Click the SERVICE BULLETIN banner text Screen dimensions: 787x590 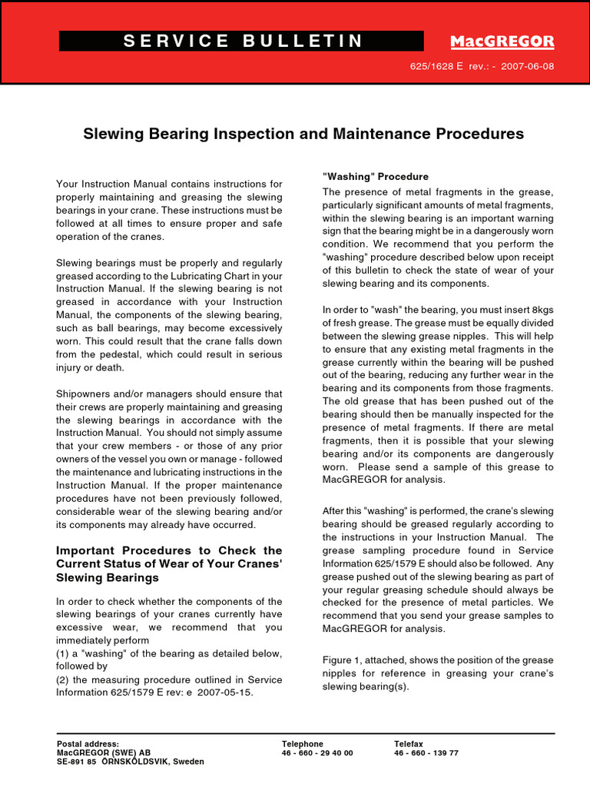[243, 42]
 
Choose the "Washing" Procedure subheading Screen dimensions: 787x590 [376, 177]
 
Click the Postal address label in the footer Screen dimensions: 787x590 [88, 744]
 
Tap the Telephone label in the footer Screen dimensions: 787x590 [303, 744]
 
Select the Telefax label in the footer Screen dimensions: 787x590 [409, 744]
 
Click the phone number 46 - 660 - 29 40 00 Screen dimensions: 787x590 [317, 753]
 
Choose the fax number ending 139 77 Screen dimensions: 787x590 [426, 753]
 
